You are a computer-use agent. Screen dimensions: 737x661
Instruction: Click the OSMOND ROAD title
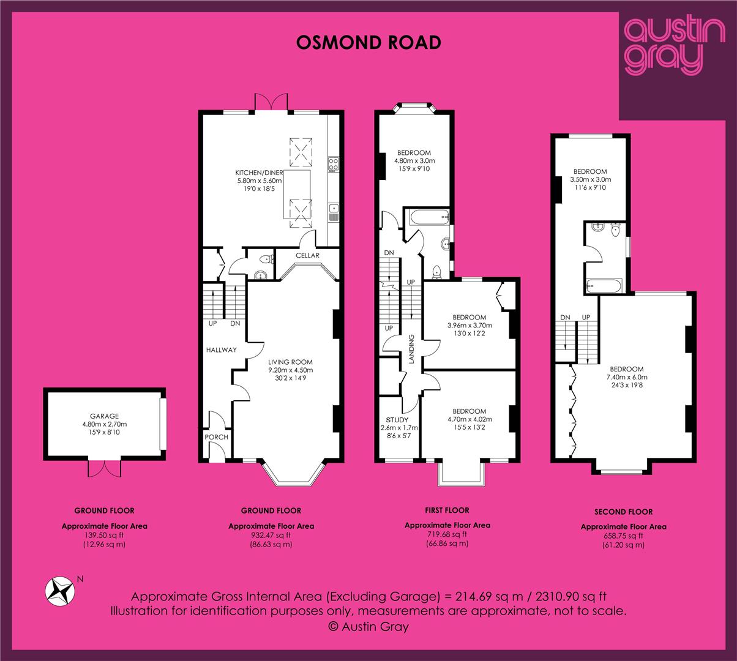click(x=368, y=43)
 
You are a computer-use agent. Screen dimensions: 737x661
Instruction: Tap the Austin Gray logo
click(x=674, y=47)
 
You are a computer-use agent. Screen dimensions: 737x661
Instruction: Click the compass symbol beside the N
click(x=59, y=591)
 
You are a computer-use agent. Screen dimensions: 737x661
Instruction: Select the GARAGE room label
click(x=105, y=416)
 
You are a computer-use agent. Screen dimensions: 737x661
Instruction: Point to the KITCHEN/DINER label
click(x=259, y=173)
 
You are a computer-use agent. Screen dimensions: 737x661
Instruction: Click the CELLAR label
click(x=307, y=255)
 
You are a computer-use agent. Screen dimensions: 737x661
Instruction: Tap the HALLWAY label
click(x=221, y=350)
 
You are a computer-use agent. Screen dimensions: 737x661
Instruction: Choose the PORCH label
click(x=217, y=437)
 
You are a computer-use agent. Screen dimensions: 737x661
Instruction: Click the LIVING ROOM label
click(x=290, y=362)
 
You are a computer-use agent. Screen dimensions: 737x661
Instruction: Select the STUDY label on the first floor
click(x=397, y=420)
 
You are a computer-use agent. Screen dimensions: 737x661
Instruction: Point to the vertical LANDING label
click(x=411, y=349)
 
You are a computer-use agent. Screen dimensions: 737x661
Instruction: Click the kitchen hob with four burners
click(x=334, y=164)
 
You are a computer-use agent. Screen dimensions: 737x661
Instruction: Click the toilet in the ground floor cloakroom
click(x=267, y=260)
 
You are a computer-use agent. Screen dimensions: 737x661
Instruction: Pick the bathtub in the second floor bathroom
click(x=604, y=286)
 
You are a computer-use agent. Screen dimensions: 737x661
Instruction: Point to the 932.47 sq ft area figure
click(x=271, y=535)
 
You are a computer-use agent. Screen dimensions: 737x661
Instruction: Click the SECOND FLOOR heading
click(x=624, y=512)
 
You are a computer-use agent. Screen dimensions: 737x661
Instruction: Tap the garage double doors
click(x=105, y=469)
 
